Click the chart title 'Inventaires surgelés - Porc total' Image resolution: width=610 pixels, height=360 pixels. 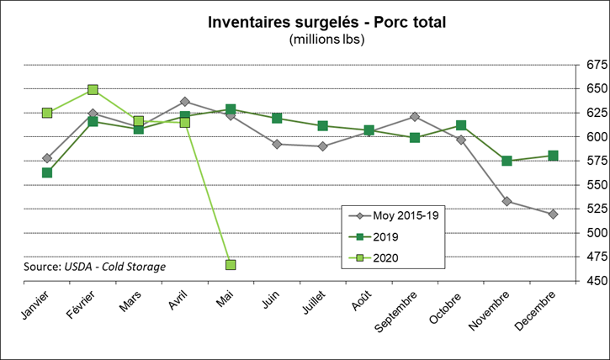(326, 22)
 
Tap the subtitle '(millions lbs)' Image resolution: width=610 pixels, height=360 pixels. (326, 40)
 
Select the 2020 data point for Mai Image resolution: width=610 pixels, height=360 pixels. (231, 265)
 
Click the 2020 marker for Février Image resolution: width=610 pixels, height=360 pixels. (93, 89)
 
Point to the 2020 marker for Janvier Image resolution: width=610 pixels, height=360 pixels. (47, 113)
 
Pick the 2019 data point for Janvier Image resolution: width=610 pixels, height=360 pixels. (47, 172)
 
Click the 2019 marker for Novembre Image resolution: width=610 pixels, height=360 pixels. (507, 161)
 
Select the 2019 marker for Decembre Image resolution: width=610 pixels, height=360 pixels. (553, 156)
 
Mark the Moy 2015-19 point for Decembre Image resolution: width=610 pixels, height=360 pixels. (553, 214)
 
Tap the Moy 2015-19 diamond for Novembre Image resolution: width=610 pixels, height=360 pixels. (507, 201)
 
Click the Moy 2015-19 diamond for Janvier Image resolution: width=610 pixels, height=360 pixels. (47, 158)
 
